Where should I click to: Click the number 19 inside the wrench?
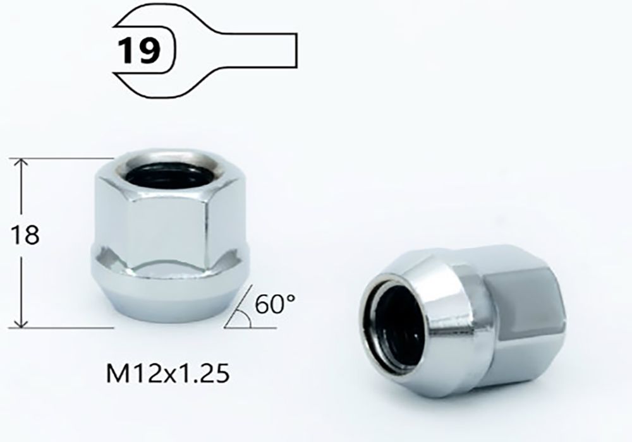139,51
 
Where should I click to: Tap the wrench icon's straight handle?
258,51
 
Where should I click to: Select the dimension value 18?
25,235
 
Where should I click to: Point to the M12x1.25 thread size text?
167,374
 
